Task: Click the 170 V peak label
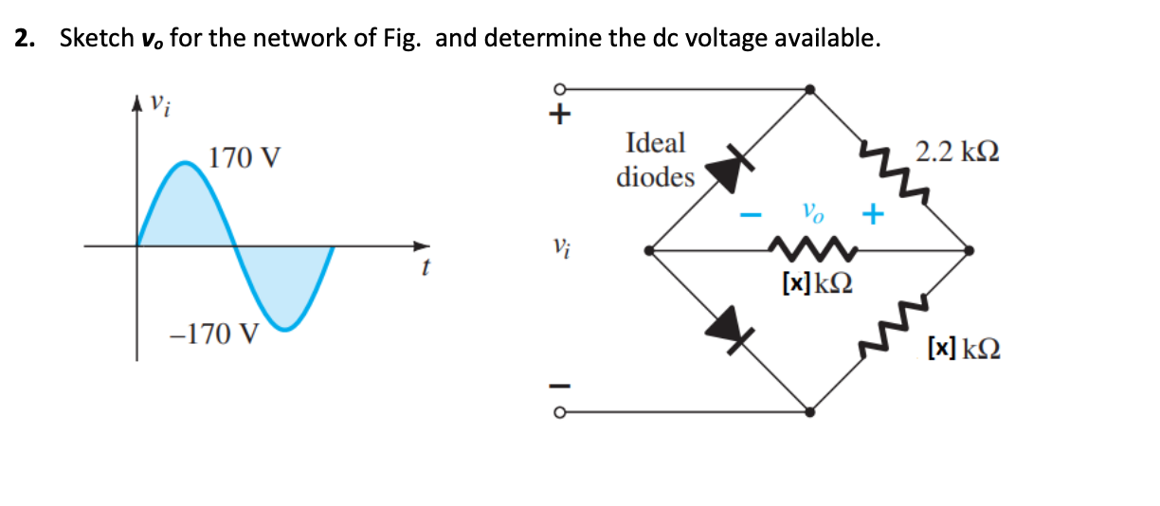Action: click(x=244, y=157)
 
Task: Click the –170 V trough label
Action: click(x=213, y=334)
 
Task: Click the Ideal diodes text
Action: click(x=655, y=159)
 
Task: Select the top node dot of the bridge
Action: click(x=809, y=89)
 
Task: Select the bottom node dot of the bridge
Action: click(x=809, y=412)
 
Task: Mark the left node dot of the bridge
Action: click(x=647, y=251)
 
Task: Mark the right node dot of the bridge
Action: click(x=970, y=251)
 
